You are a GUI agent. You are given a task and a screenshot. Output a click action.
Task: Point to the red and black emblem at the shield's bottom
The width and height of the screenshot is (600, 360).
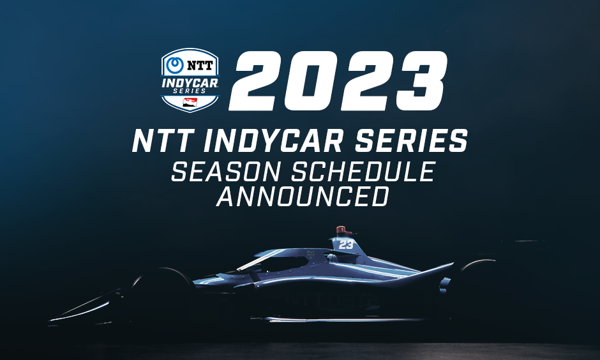(x=190, y=102)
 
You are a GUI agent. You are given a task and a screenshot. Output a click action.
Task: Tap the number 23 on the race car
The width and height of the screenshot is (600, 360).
(x=346, y=244)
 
